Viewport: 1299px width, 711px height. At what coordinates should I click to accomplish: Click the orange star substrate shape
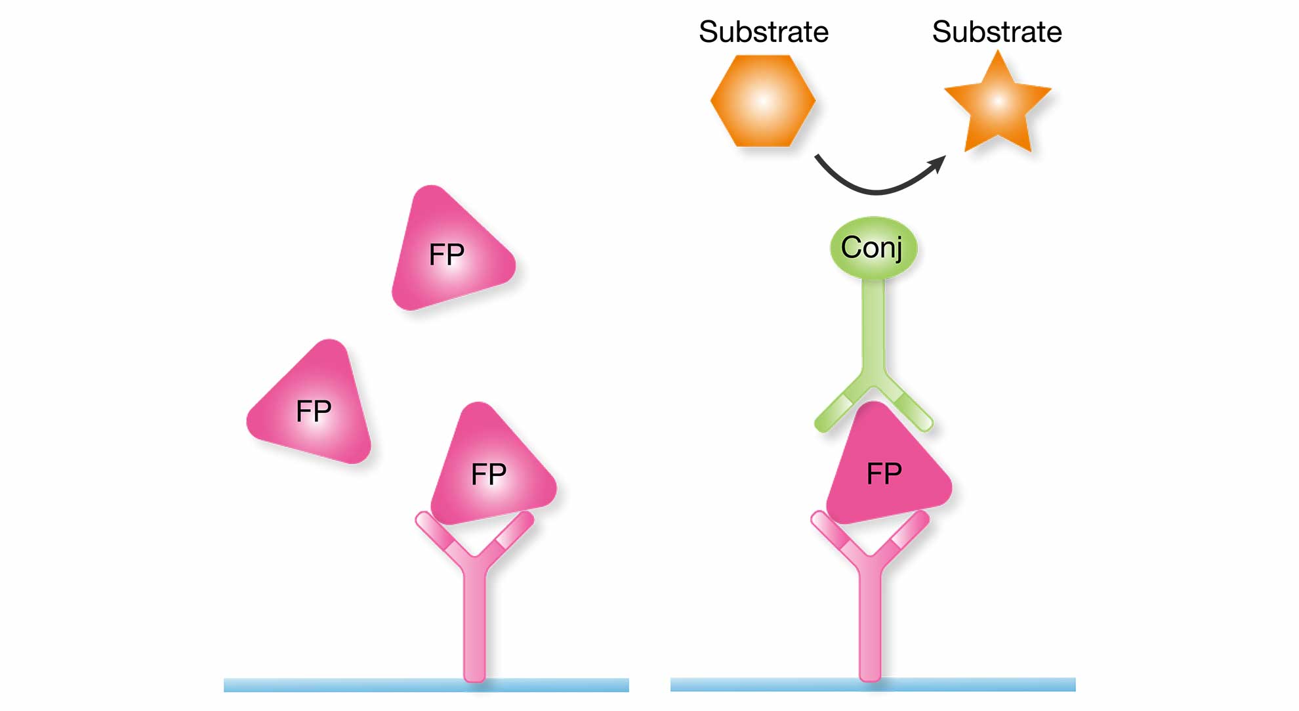pyautogui.click(x=997, y=105)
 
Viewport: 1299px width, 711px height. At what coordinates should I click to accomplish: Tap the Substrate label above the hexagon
pyautogui.click(x=764, y=32)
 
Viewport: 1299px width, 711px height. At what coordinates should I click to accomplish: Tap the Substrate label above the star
pyautogui.click(x=997, y=32)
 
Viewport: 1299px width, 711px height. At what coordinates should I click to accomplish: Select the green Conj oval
pyautogui.click(x=873, y=248)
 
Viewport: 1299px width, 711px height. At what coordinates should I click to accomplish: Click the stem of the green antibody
pyautogui.click(x=873, y=328)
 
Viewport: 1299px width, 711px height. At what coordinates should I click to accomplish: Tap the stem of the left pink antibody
pyautogui.click(x=474, y=624)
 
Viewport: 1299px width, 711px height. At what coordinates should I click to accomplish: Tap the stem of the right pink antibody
pyautogui.click(x=870, y=624)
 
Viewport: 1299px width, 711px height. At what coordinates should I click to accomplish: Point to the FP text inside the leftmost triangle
pyautogui.click(x=314, y=411)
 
